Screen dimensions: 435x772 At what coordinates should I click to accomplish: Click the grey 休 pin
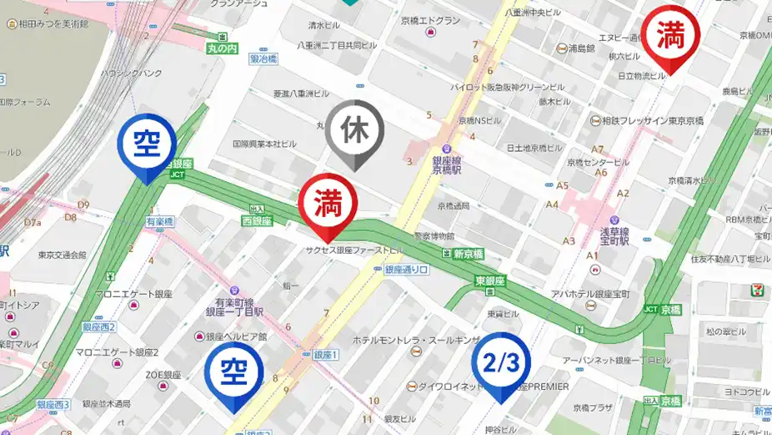point(354,131)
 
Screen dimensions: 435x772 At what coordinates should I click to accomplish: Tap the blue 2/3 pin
point(501,363)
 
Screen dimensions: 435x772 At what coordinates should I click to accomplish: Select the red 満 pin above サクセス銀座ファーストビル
point(328,204)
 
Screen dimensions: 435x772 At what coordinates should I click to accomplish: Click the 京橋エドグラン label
point(430,21)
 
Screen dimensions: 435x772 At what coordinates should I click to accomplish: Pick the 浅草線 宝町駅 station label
point(617,234)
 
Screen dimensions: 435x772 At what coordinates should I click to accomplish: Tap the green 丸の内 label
point(223,48)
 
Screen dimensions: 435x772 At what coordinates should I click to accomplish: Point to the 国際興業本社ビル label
point(264,144)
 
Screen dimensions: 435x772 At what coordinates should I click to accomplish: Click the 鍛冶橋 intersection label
point(263,59)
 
